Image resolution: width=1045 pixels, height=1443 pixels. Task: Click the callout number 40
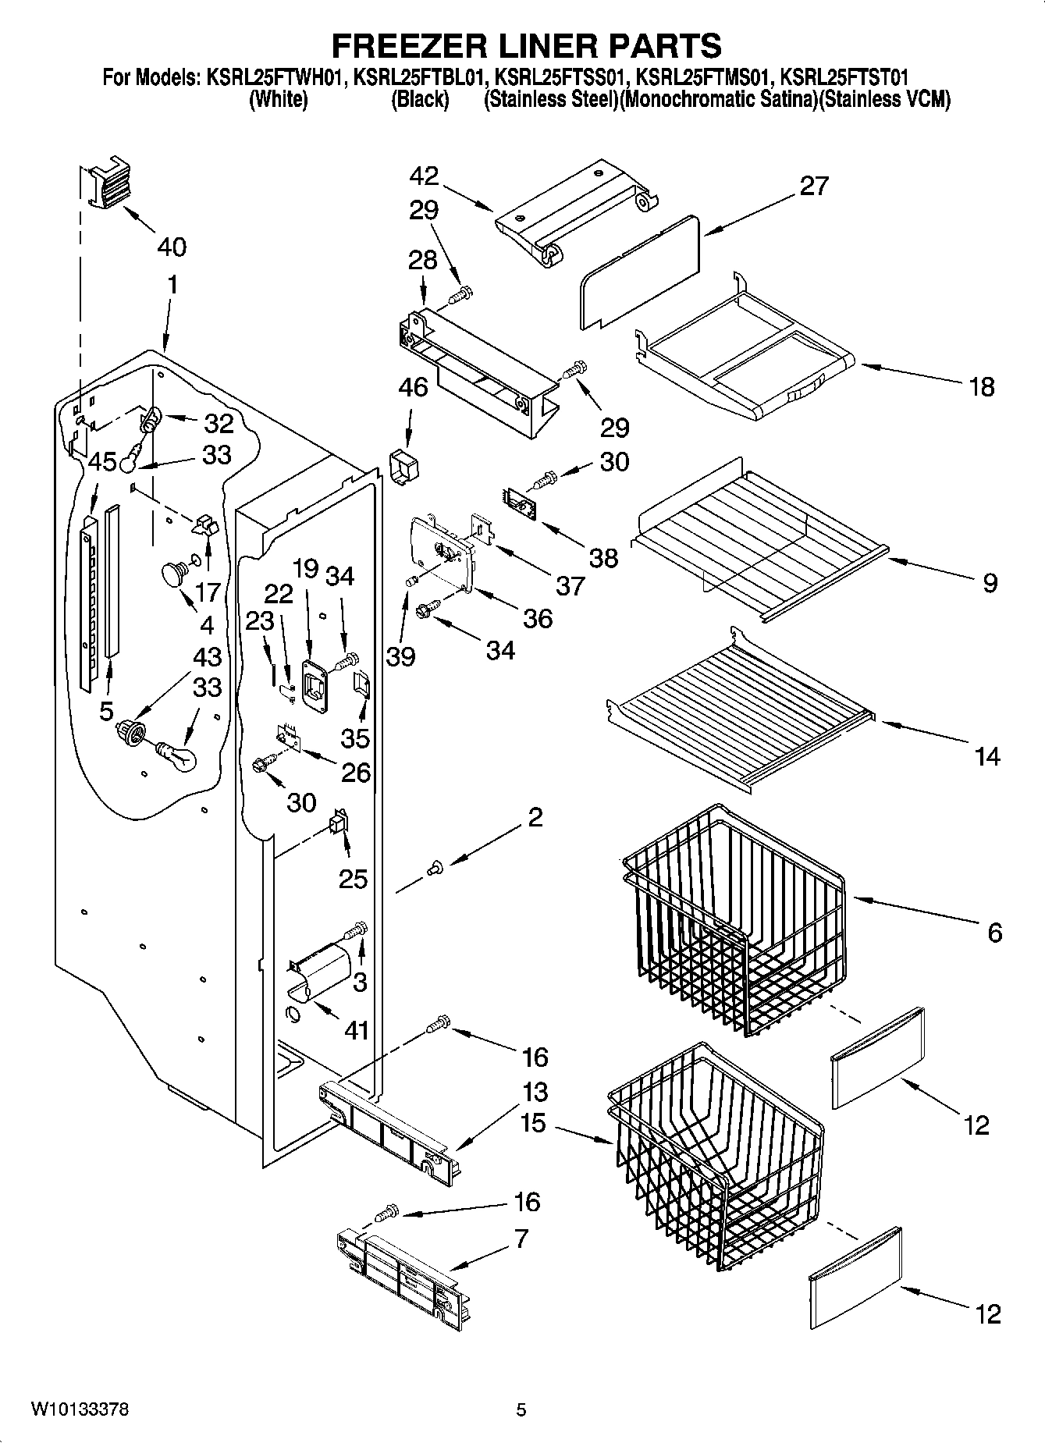(x=171, y=247)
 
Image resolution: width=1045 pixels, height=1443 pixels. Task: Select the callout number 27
(x=813, y=186)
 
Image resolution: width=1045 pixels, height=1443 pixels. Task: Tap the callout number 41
(x=357, y=1030)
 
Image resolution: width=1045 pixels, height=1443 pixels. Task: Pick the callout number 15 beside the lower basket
(x=533, y=1123)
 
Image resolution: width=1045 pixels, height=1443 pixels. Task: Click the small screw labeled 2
(x=435, y=865)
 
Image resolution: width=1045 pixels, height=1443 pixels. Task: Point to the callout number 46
(x=414, y=386)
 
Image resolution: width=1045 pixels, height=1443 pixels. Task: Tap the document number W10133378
(x=80, y=1409)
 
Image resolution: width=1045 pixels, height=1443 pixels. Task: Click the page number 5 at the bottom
(x=521, y=1409)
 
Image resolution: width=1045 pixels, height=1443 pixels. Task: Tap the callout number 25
(x=353, y=879)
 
